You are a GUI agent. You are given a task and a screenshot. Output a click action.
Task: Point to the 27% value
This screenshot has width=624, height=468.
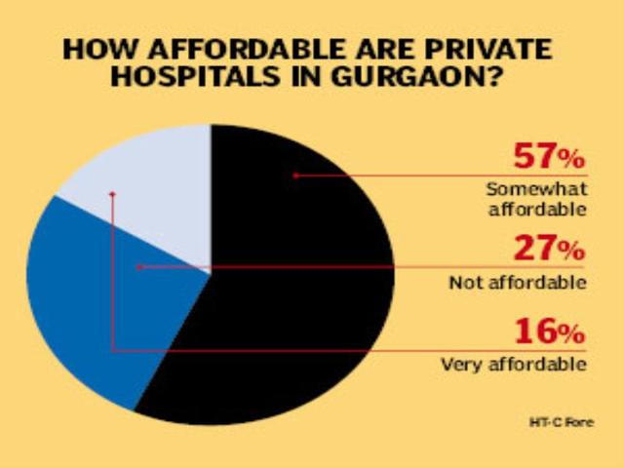[x=547, y=253]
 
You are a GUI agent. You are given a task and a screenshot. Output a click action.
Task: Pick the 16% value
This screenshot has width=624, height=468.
[x=547, y=334]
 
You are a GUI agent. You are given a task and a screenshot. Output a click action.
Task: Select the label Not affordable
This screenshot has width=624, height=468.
[x=517, y=284]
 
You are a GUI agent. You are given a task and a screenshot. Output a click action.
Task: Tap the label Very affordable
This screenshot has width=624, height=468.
[x=513, y=366]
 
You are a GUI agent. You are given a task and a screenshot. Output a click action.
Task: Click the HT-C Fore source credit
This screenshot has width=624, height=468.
[x=562, y=422]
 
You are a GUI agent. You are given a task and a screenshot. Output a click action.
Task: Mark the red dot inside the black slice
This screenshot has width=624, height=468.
[x=294, y=175]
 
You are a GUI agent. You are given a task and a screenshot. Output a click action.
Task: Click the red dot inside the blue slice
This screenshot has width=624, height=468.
[x=138, y=265]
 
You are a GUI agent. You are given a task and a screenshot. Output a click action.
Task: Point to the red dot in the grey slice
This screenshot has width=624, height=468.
[x=113, y=194]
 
